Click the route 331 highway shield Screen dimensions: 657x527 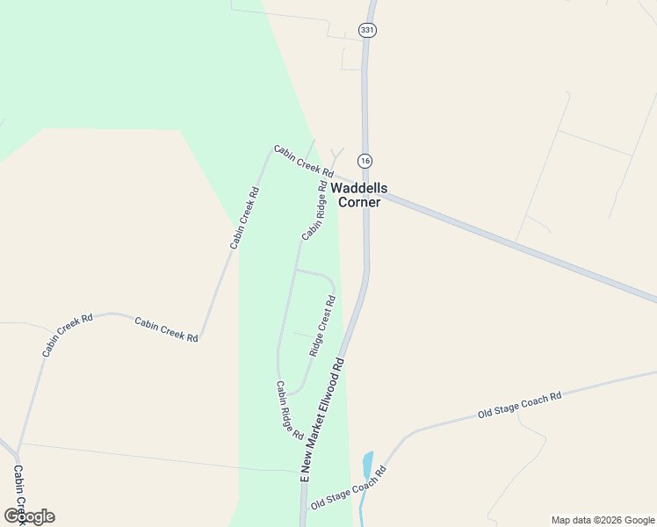tap(367, 30)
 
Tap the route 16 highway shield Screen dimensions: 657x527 tap(365, 161)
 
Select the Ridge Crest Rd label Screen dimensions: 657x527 tap(322, 326)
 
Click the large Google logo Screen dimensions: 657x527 tap(30, 516)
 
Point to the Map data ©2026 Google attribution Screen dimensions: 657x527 tap(603, 520)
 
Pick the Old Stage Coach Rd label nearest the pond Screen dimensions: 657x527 tap(349, 487)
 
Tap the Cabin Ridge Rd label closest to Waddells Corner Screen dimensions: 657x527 tap(314, 211)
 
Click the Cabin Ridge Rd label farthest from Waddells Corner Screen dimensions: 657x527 tap(289, 409)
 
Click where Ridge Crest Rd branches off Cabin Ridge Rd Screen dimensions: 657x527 tap(296, 271)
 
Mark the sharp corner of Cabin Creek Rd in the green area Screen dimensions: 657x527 tap(271, 150)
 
